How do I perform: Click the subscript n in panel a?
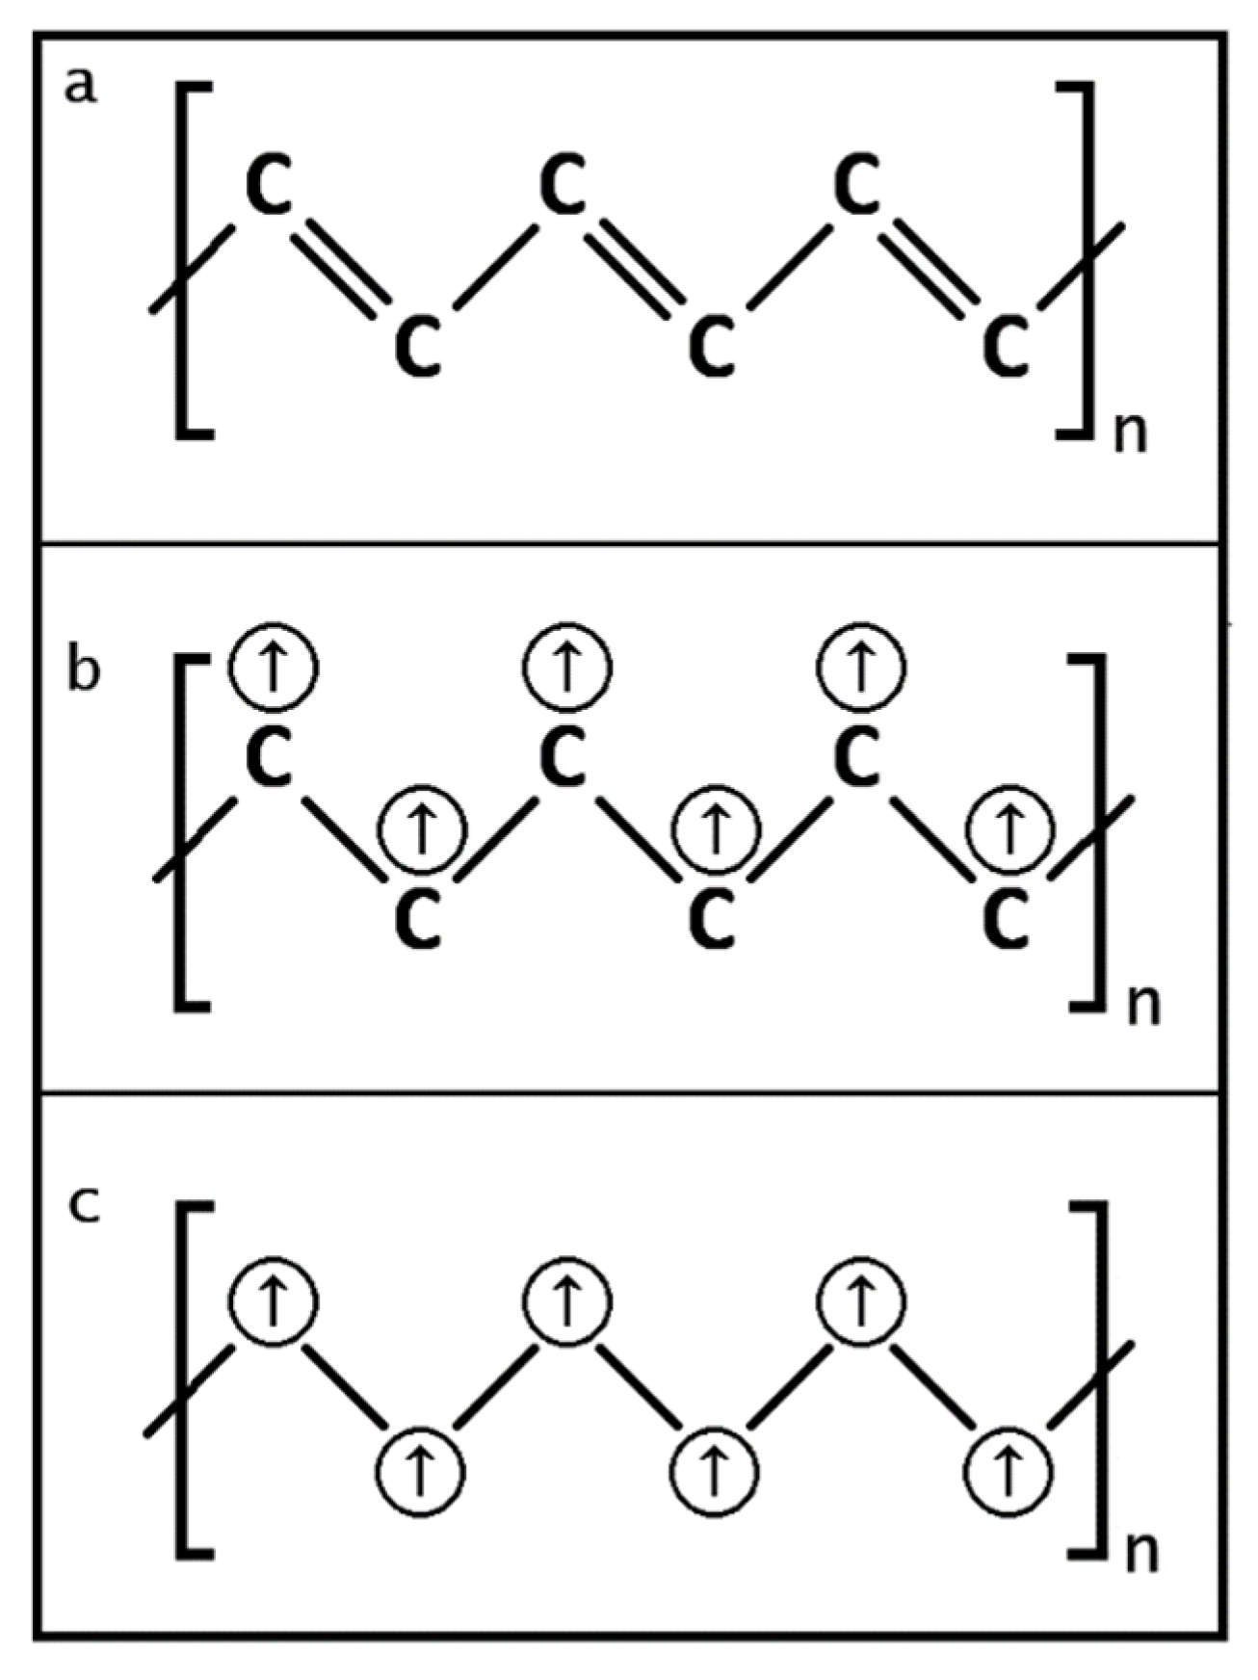pyautogui.click(x=1131, y=433)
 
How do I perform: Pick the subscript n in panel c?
pyautogui.click(x=1142, y=1554)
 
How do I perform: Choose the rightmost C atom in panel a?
pyautogui.click(x=1007, y=347)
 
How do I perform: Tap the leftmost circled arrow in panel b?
pyautogui.click(x=274, y=667)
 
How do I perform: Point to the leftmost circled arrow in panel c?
pyautogui.click(x=273, y=1301)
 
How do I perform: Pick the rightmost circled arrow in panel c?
pyautogui.click(x=1009, y=1472)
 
